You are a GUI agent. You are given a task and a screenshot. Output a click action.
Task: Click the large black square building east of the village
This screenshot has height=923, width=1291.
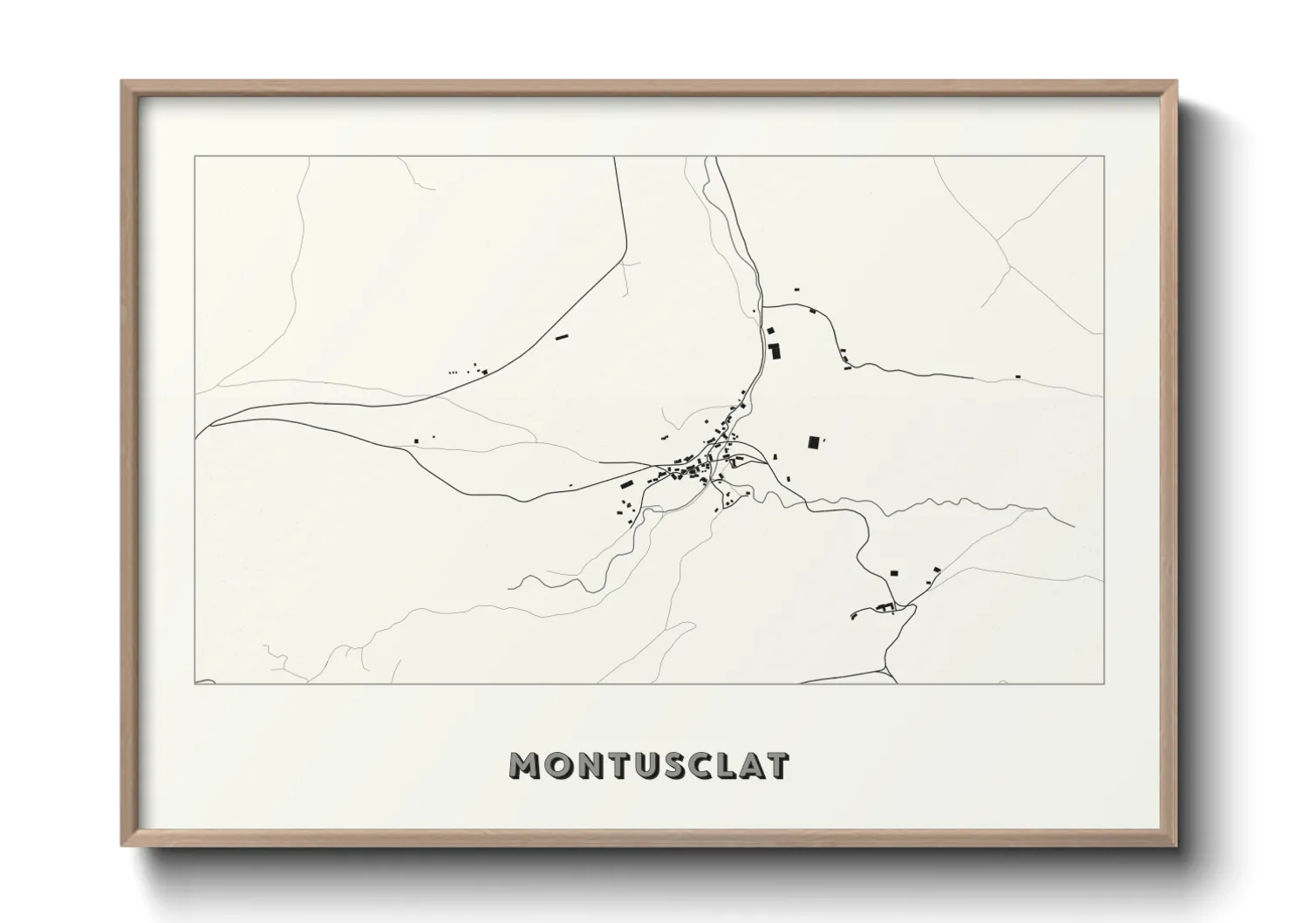coord(814,442)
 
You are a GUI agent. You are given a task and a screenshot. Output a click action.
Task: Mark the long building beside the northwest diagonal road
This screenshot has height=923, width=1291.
coord(563,336)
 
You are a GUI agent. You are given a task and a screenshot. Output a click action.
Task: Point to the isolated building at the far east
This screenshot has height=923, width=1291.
coord(1018,377)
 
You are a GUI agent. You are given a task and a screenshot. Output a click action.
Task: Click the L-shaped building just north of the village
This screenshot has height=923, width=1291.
coord(773,352)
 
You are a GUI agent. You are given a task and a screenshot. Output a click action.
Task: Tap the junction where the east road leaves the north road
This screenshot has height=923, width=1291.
coord(764,305)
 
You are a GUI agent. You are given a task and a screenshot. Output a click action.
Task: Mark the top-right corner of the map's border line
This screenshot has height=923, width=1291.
coord(1103,156)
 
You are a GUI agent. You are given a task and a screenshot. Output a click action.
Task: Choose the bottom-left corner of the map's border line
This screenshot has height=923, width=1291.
coord(195,684)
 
